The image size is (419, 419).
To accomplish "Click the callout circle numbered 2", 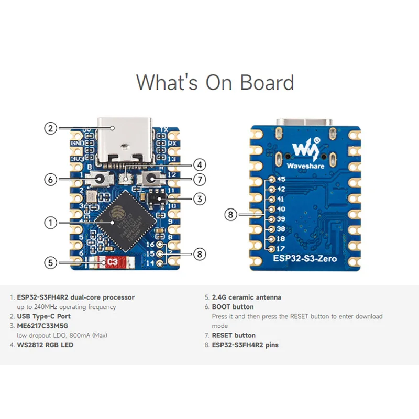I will (x=50, y=128).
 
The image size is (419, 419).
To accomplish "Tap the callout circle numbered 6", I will (x=50, y=179).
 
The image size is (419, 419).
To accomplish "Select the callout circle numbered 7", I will (x=200, y=179).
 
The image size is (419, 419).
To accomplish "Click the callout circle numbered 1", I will (x=50, y=223).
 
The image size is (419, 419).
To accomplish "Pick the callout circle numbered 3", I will (x=200, y=199).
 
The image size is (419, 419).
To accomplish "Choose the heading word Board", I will (x=267, y=83).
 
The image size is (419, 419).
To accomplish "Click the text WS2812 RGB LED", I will (x=46, y=345).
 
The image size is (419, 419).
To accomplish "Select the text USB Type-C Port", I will (x=44, y=316).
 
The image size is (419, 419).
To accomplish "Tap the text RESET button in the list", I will (x=234, y=335).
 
